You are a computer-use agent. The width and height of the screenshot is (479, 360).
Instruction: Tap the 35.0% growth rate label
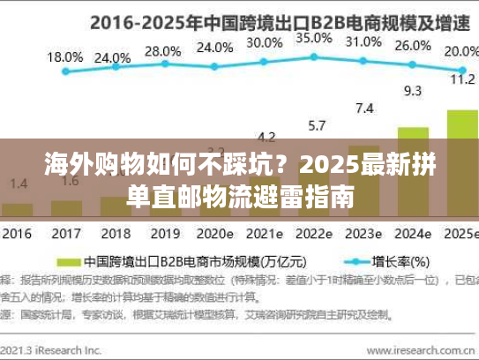313,38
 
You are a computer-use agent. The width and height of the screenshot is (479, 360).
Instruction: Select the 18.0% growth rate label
64,56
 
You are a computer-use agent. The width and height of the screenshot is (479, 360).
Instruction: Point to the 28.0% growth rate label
161,51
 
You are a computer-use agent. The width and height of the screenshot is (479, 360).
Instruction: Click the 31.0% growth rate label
363,41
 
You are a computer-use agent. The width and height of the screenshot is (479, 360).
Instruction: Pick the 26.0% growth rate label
412,46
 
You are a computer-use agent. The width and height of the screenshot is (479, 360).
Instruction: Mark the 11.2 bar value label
461,79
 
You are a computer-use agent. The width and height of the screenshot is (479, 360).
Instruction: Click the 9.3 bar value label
412,90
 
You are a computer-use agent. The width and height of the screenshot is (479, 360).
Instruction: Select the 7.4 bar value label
363,109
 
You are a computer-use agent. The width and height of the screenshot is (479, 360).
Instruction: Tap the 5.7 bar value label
315,125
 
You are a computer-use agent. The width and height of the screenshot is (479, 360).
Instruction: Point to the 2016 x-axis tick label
18,236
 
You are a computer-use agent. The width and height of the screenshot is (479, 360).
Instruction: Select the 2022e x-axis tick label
314,236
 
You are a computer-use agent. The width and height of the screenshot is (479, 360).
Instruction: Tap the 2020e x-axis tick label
214,236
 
